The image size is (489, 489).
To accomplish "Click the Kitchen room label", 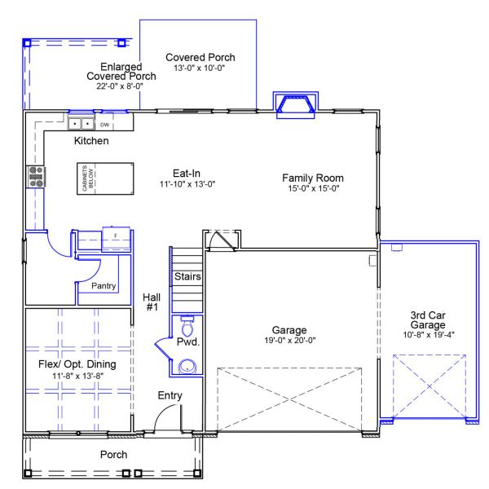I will (x=91, y=141).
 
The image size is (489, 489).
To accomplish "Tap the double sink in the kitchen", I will (x=80, y=124).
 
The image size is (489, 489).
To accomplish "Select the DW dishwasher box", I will (x=104, y=125).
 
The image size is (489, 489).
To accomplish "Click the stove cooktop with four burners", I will (x=37, y=176).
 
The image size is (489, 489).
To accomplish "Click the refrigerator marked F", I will (x=115, y=237).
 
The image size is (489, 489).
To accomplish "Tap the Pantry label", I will (x=104, y=286).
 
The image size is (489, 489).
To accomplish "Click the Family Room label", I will (x=312, y=178).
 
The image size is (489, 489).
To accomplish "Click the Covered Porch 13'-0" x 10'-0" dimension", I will (x=200, y=68).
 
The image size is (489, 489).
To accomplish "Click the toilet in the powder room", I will (x=187, y=328).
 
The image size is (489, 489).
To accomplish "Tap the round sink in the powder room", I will (x=187, y=367).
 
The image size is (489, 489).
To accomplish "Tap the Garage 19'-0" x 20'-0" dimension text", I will (x=289, y=341).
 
